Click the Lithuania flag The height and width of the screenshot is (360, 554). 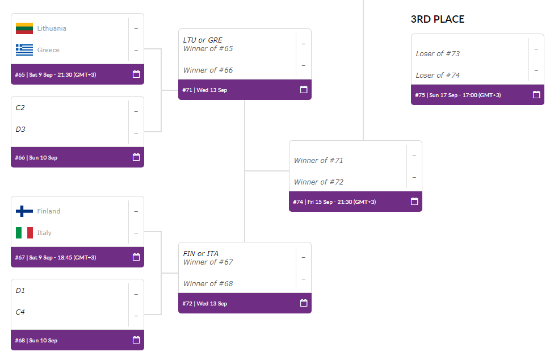click(24, 28)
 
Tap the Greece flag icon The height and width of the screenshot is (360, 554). click(24, 50)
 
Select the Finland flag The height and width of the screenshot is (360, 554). click(24, 211)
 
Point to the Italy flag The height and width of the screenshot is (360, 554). click(24, 232)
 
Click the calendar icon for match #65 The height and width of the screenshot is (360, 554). click(136, 74)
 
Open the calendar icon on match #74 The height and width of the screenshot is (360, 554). click(414, 202)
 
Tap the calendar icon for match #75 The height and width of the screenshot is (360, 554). click(536, 95)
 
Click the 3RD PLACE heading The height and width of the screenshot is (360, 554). click(438, 19)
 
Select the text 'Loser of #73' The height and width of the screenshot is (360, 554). click(438, 54)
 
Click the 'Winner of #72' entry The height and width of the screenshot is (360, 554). click(318, 182)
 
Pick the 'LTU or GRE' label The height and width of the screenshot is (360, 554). click(203, 40)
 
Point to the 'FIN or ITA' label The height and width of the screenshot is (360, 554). click(201, 253)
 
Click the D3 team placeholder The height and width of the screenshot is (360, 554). click(20, 129)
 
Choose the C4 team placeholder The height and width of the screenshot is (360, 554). click(20, 312)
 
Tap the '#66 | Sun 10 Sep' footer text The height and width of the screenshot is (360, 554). click(36, 157)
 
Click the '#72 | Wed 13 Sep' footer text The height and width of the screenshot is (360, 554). click(204, 303)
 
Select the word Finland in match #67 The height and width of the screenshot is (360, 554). click(49, 211)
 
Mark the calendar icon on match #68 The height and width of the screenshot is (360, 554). click(136, 340)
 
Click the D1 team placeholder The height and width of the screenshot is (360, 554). click(20, 290)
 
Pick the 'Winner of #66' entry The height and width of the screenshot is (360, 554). click(208, 70)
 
